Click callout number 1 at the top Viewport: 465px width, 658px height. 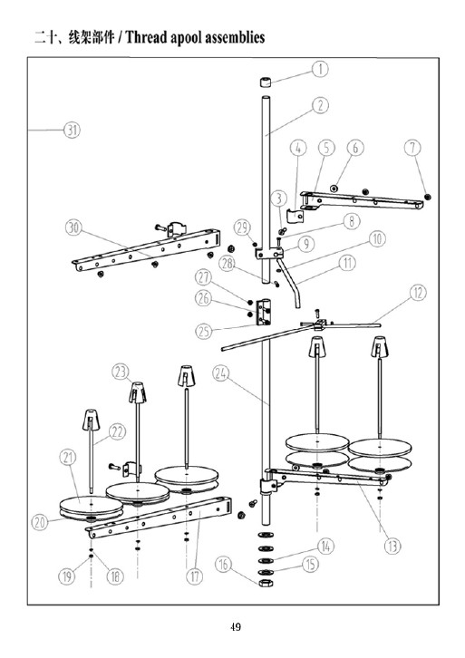(x=320, y=69)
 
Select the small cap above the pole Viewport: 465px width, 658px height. (x=266, y=82)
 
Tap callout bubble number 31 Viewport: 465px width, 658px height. (x=72, y=130)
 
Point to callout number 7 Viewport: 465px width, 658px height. (x=413, y=148)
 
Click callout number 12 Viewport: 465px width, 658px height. (x=418, y=293)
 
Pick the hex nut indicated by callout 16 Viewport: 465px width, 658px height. (x=265, y=583)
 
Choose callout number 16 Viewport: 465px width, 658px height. (x=224, y=565)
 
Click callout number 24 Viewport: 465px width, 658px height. (x=221, y=373)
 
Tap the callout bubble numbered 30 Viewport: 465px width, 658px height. (x=73, y=227)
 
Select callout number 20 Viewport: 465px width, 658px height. (x=40, y=522)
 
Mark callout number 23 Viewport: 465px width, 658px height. (x=121, y=372)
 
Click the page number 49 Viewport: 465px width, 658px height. (x=236, y=627)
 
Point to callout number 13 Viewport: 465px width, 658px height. (x=392, y=546)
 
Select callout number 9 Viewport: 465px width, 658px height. (x=306, y=244)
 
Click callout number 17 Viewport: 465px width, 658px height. (x=194, y=576)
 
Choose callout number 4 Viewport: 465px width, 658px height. (x=298, y=148)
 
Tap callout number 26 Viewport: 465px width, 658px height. (x=204, y=298)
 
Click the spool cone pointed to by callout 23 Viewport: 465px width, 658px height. (x=137, y=393)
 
